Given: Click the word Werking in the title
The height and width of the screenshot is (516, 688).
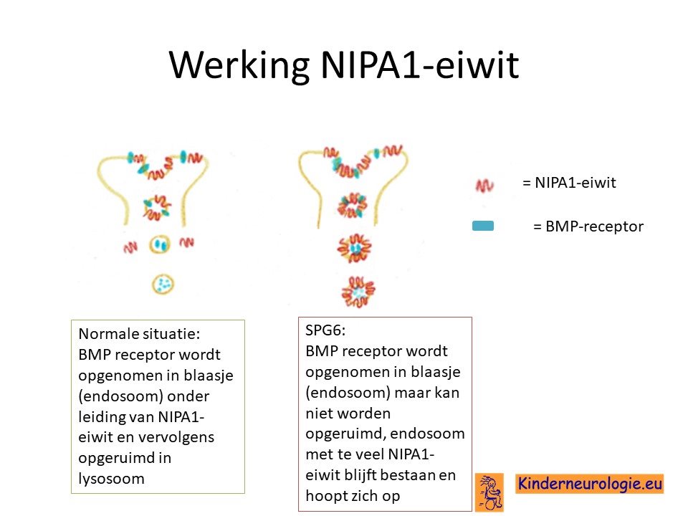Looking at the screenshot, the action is [x=239, y=65].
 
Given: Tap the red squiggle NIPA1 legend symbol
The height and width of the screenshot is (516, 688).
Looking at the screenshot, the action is [x=484, y=186].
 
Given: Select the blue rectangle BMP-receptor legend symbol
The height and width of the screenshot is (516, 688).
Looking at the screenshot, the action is [x=482, y=226].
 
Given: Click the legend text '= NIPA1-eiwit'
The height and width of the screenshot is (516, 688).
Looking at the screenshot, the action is [x=569, y=183].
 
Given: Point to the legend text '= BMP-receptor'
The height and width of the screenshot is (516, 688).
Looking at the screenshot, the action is [x=588, y=226].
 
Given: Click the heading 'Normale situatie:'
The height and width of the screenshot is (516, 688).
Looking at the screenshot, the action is [x=139, y=334].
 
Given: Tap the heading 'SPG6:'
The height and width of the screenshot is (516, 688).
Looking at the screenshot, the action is [x=325, y=330].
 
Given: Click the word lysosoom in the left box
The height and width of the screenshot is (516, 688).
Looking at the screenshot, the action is [x=112, y=478].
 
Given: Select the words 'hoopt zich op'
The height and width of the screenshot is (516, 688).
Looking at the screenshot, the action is [x=353, y=496].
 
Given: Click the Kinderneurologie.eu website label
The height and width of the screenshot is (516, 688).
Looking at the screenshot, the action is [x=590, y=484].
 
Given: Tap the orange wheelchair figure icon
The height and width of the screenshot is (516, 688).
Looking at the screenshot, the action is [x=489, y=492].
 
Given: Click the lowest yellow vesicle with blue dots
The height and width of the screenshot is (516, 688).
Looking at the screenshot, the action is [x=163, y=285].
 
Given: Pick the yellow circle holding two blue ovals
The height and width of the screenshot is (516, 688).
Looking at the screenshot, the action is [x=159, y=244].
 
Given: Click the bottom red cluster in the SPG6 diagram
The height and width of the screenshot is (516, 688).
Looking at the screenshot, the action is [x=358, y=292].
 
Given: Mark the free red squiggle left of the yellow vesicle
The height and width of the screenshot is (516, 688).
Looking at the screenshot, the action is [x=130, y=248].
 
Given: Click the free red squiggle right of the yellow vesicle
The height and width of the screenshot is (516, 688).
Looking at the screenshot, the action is [x=186, y=242].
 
